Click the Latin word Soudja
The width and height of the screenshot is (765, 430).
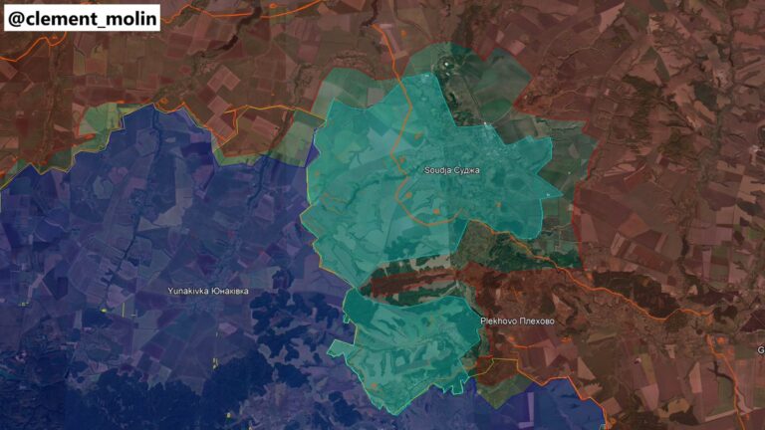tap(439, 170)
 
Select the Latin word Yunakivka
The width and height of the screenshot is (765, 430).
tap(190, 291)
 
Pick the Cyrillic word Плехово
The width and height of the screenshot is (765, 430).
tap(535, 322)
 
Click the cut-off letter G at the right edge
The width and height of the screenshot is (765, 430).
tap(761, 349)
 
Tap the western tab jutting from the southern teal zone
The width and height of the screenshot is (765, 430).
tap(342, 348)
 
